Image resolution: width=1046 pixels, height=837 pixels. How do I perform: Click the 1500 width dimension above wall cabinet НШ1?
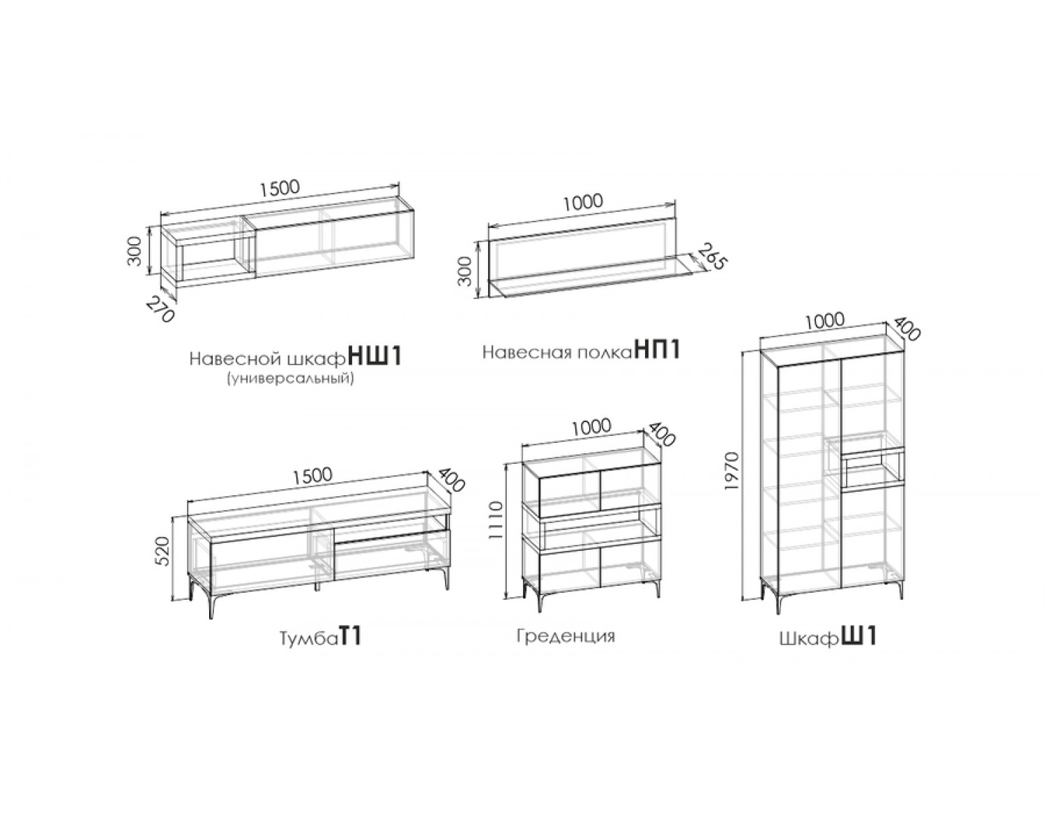[280, 188]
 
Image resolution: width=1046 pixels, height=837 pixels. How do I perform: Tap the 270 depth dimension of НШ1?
[160, 310]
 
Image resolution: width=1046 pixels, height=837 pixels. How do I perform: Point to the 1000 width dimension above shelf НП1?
[583, 202]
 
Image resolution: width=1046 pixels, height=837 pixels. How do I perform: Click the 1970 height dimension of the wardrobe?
[732, 471]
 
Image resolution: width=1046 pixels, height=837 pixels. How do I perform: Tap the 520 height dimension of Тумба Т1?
[163, 551]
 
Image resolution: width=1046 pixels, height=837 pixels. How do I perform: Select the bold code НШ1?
[376, 357]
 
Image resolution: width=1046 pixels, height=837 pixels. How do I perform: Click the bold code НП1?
[657, 349]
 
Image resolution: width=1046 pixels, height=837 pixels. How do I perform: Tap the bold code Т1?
[350, 637]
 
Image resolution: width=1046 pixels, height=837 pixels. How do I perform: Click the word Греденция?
[566, 636]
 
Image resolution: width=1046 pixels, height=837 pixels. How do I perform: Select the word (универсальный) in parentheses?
[290, 378]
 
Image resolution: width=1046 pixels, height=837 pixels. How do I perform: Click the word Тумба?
[309, 638]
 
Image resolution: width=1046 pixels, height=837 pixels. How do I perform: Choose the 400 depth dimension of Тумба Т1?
[452, 480]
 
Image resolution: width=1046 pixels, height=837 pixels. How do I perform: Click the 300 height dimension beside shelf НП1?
[464, 271]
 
